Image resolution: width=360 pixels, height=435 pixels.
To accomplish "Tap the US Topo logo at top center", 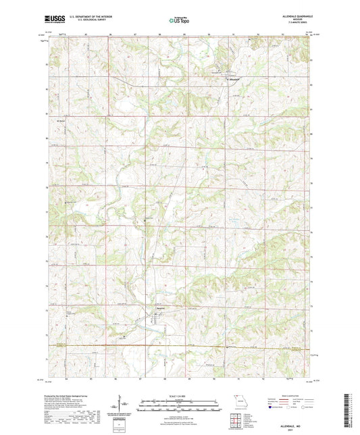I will pyautogui.click(x=179, y=21).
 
